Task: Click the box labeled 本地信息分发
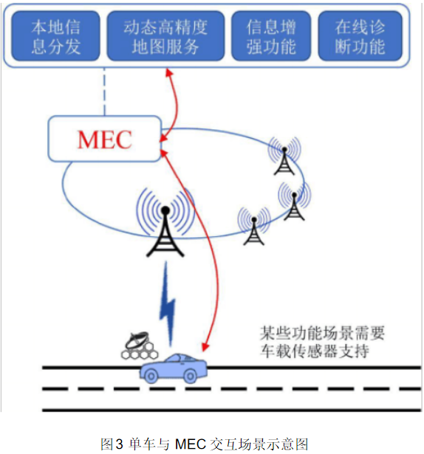tap(55, 36)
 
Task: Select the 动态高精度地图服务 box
tap(165, 36)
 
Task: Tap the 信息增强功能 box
tap(271, 36)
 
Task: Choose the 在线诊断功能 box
tap(360, 36)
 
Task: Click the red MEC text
tap(105, 140)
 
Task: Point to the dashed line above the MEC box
tap(105, 92)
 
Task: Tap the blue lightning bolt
tap(168, 304)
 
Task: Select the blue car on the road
tap(174, 368)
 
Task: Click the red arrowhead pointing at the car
tap(205, 347)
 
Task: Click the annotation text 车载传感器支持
tap(315, 351)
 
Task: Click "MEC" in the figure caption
tap(191, 444)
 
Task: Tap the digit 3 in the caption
tap(120, 444)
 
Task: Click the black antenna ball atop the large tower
tap(165, 210)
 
